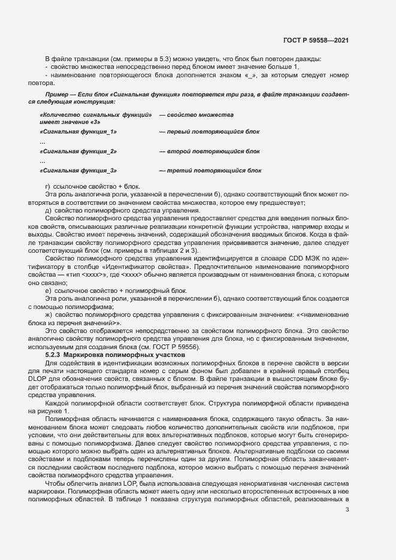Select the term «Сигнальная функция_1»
[x=78, y=131]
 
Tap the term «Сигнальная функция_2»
[x=78, y=151]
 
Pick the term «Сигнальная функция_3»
[x=78, y=171]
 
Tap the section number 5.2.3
[x=55, y=355]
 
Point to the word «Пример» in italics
[x=57, y=95]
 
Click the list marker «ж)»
[x=49, y=314]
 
